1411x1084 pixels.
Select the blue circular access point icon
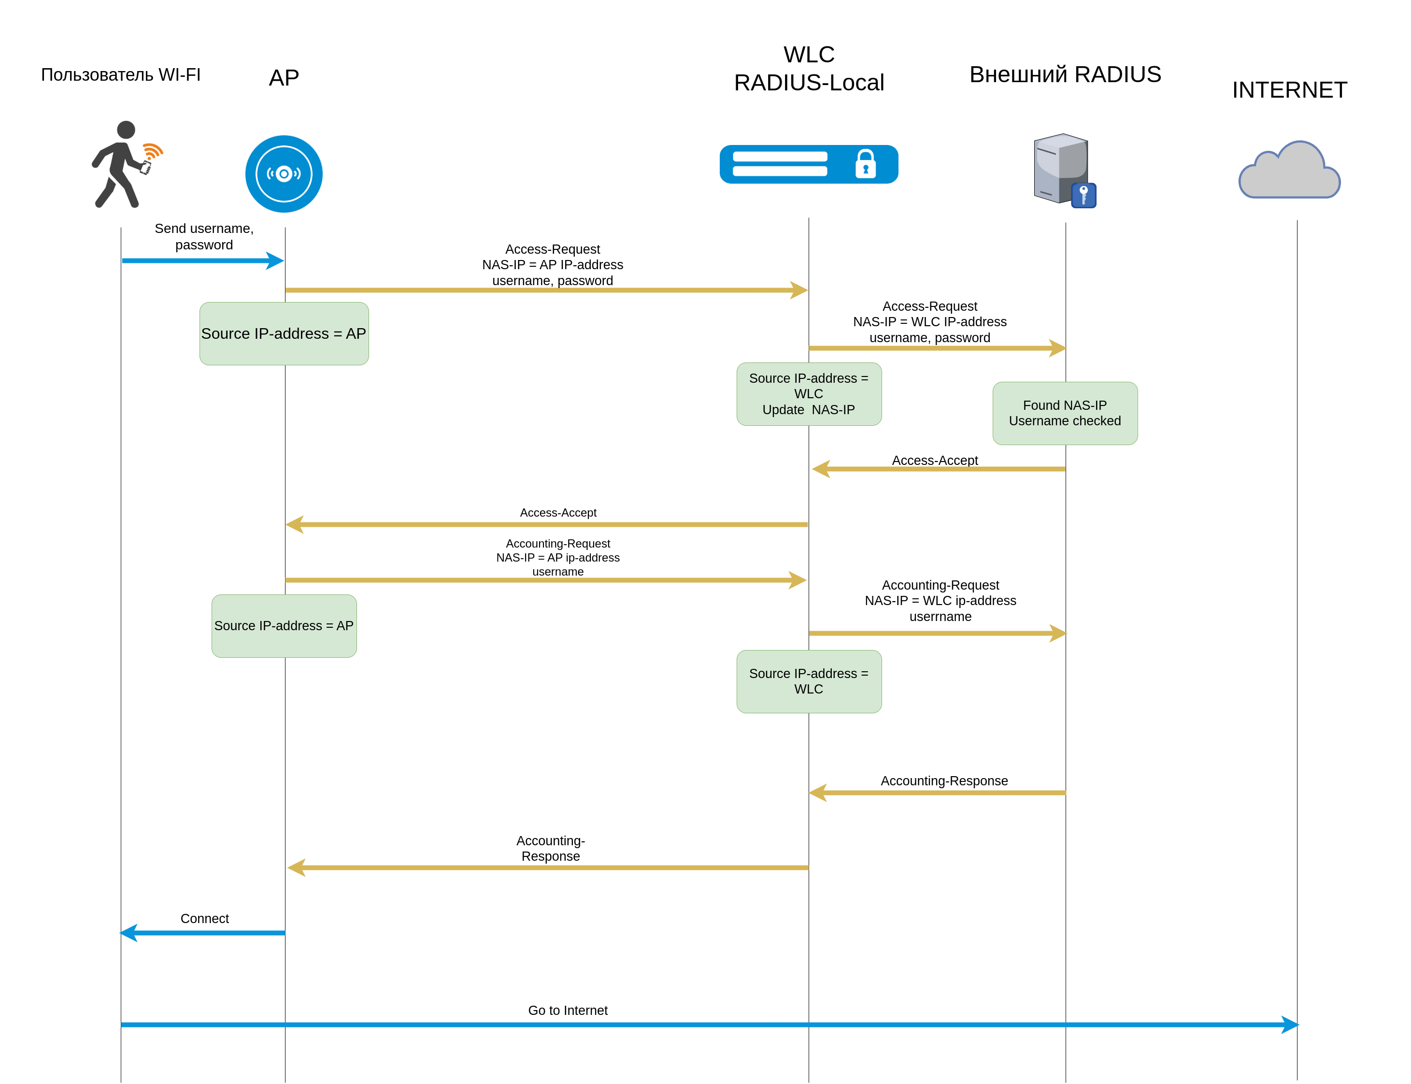284,173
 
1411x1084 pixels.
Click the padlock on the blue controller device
866,164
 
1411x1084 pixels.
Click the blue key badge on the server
1084,195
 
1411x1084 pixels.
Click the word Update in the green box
783,410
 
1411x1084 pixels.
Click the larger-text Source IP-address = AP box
284,333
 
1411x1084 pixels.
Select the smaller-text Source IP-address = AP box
284,626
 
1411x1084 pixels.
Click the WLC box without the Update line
809,681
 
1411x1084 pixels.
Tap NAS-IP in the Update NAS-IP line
833,410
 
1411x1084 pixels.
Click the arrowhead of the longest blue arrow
1290,1025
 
